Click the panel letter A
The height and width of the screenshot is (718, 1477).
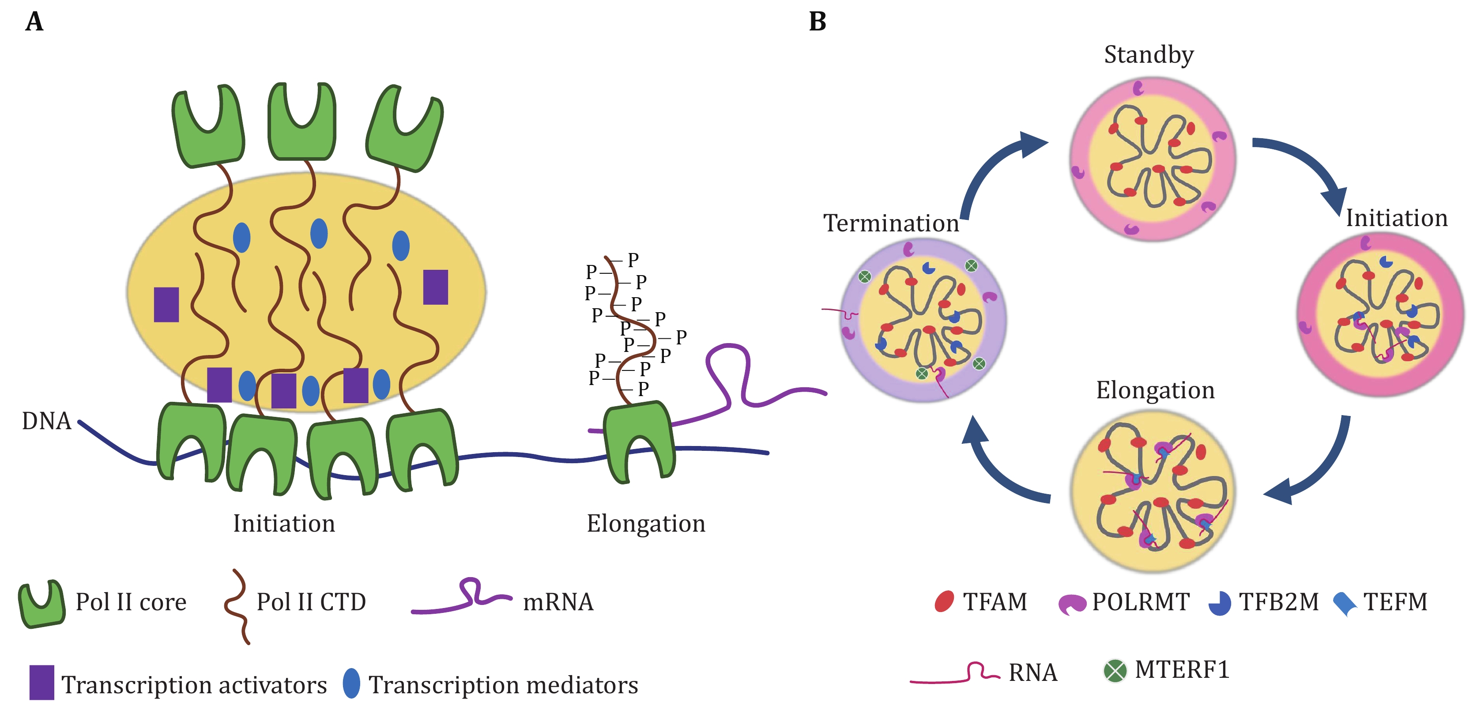click(x=34, y=22)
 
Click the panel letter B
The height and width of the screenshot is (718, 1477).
click(x=817, y=22)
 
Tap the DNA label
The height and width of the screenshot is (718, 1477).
click(x=46, y=421)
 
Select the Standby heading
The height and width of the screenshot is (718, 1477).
click(x=1149, y=55)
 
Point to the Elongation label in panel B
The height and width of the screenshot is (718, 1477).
click(x=1155, y=390)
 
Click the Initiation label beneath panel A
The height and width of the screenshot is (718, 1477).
click(x=284, y=524)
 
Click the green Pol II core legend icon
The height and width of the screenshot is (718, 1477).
click(x=41, y=604)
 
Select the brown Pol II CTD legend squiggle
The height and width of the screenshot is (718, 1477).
click(x=237, y=607)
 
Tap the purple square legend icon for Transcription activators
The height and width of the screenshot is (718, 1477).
click(x=42, y=682)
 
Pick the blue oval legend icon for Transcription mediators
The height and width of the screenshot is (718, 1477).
click(x=351, y=683)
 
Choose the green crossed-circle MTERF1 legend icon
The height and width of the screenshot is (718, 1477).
click(x=1115, y=670)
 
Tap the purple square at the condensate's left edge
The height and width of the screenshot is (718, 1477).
click(x=166, y=305)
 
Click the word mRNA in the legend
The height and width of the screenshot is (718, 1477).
click(x=558, y=602)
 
